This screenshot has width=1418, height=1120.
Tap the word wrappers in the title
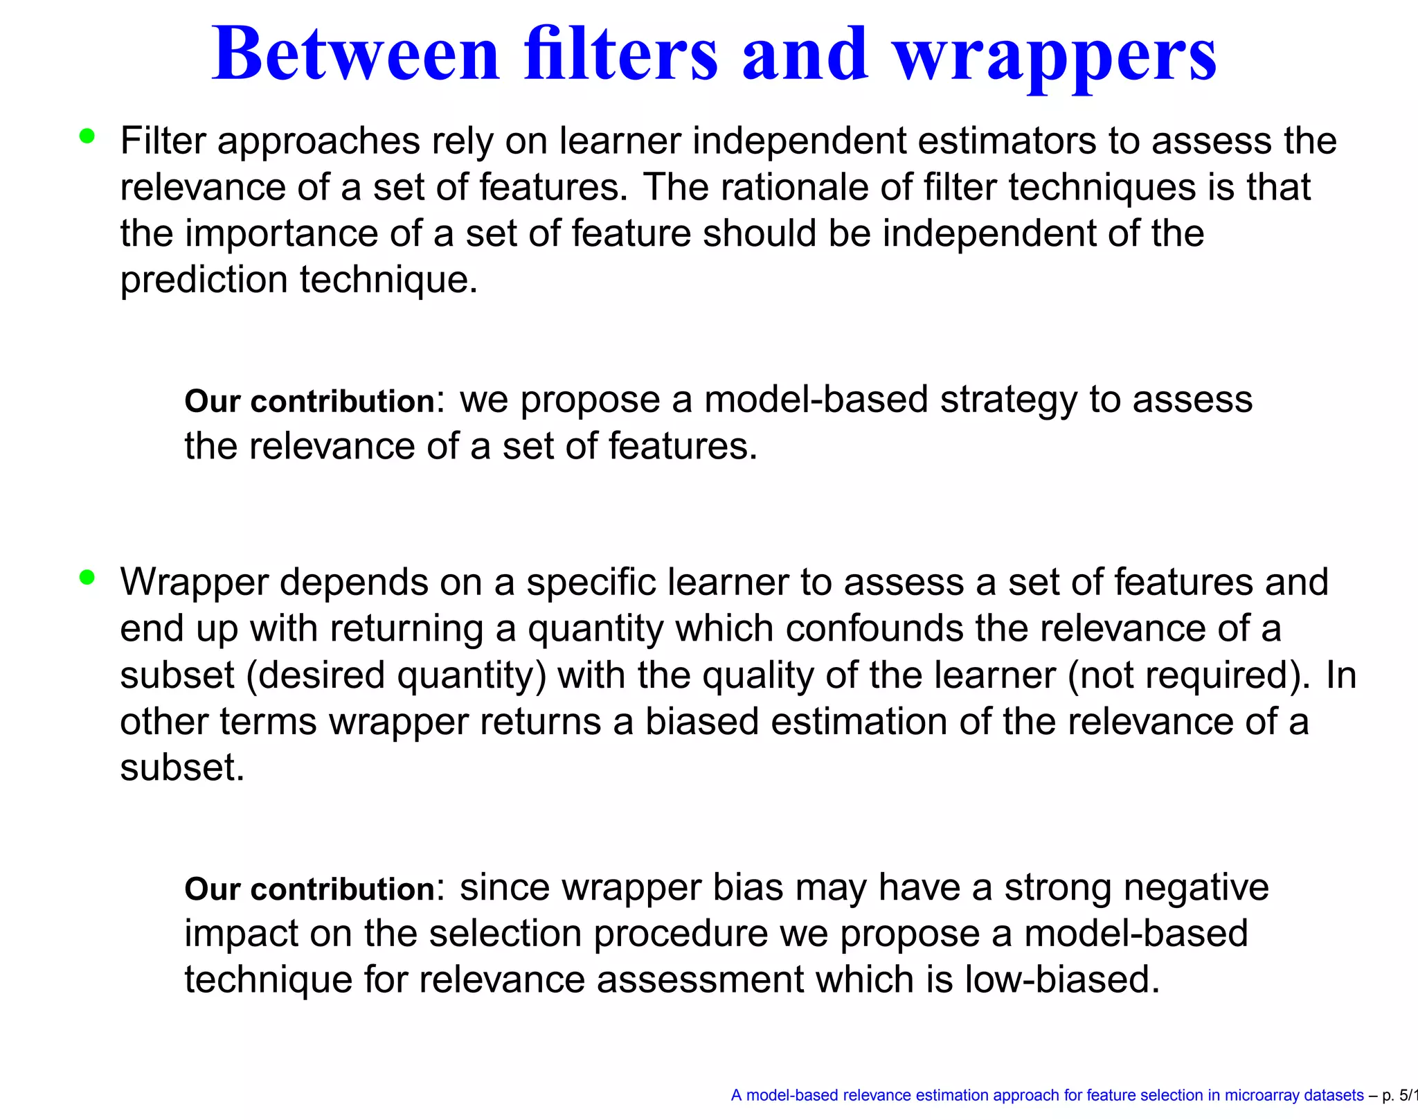click(x=1055, y=55)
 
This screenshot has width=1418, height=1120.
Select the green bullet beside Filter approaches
click(x=87, y=136)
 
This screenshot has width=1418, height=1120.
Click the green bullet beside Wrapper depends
click(x=87, y=577)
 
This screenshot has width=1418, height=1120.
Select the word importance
click(x=281, y=233)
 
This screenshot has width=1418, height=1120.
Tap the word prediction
click(x=204, y=281)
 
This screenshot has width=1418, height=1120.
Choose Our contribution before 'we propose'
click(x=309, y=401)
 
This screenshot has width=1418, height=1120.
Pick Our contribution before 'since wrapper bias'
click(x=309, y=889)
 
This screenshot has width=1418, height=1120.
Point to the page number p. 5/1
click(x=1399, y=1096)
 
